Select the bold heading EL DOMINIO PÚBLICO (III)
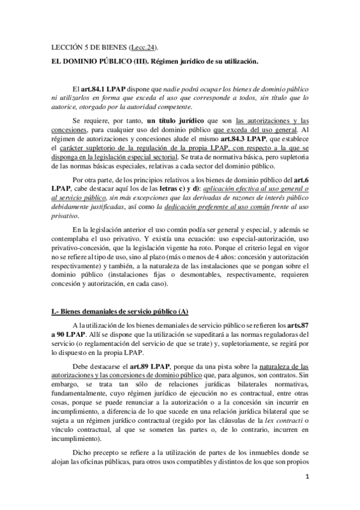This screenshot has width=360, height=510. (96, 61)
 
